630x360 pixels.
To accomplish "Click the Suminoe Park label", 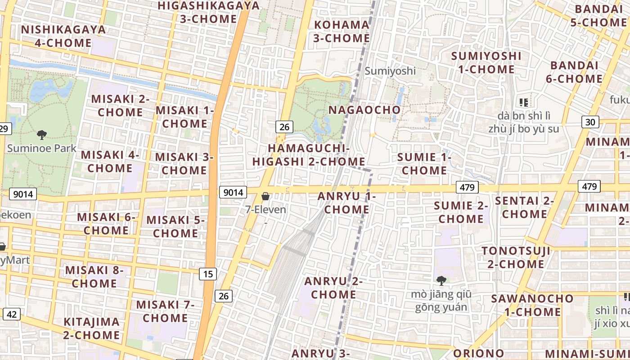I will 42,148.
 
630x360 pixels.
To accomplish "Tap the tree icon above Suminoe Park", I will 42,135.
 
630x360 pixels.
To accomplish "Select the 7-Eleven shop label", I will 265,210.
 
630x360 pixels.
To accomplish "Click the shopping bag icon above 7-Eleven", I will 265,196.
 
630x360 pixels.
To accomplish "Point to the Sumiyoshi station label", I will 390,71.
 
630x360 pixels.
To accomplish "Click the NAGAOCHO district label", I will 364,110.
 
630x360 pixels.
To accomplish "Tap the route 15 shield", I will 208,274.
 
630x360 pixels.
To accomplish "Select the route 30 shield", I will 590,121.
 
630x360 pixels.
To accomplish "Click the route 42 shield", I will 11,314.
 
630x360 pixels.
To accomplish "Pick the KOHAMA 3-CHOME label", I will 342,31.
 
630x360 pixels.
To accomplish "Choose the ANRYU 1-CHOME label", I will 346,203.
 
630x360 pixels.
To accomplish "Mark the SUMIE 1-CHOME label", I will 424,164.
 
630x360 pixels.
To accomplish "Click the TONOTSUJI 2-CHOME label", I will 516,257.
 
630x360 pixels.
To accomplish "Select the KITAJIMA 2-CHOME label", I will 91,328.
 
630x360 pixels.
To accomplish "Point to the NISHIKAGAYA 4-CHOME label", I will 63,36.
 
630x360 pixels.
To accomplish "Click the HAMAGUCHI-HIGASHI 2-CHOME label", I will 309,155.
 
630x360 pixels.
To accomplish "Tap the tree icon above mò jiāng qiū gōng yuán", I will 441,281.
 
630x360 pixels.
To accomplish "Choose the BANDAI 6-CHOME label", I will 574,72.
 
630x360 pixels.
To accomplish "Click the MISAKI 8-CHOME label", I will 94,277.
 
